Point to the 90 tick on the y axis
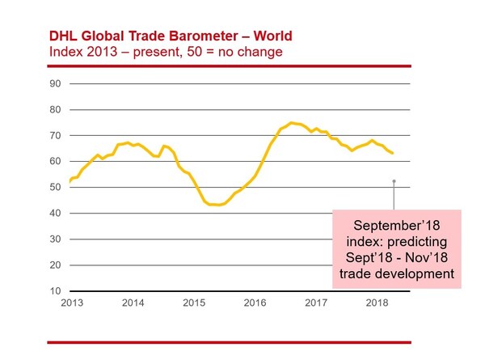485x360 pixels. (x=56, y=83)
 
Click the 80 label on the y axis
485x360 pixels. (x=56, y=109)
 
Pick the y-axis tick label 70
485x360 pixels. (x=56, y=135)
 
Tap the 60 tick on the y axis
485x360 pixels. (x=56, y=161)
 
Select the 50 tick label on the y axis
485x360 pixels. (x=56, y=187)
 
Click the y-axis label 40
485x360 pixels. (x=56, y=213)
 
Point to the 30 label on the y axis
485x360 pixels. (x=56, y=239)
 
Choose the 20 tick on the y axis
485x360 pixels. (x=56, y=265)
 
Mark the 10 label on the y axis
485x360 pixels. (x=56, y=290)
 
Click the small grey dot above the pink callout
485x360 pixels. (x=394, y=181)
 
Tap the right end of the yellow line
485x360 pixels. (x=392, y=153)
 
